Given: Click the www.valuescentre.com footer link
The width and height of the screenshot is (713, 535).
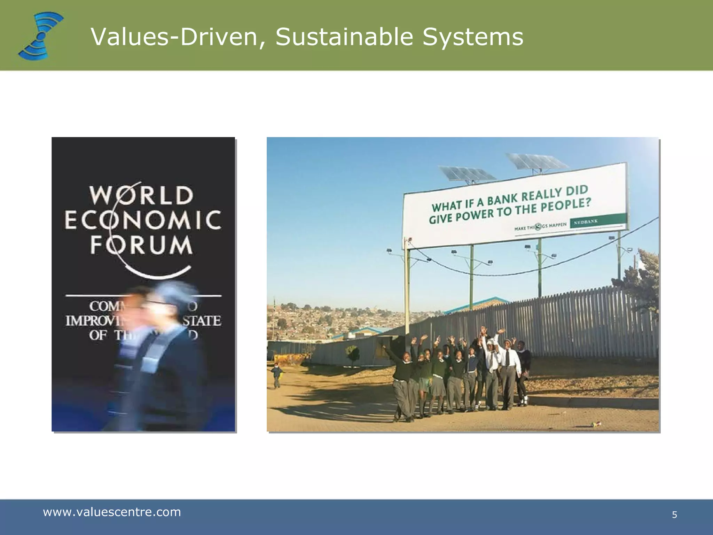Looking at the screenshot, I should [112, 512].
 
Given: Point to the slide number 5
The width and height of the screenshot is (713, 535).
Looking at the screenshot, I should [674, 515].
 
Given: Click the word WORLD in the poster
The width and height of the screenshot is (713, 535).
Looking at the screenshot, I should [141, 195].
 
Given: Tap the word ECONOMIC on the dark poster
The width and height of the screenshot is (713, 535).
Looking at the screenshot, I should [143, 220].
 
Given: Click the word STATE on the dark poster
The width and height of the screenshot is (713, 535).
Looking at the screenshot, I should [202, 321].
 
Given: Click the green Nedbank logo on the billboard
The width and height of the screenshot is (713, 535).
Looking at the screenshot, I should [598, 221].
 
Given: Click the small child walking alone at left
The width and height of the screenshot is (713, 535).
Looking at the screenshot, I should [276, 375].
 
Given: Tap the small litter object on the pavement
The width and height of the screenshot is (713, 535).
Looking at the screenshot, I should [596, 424].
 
